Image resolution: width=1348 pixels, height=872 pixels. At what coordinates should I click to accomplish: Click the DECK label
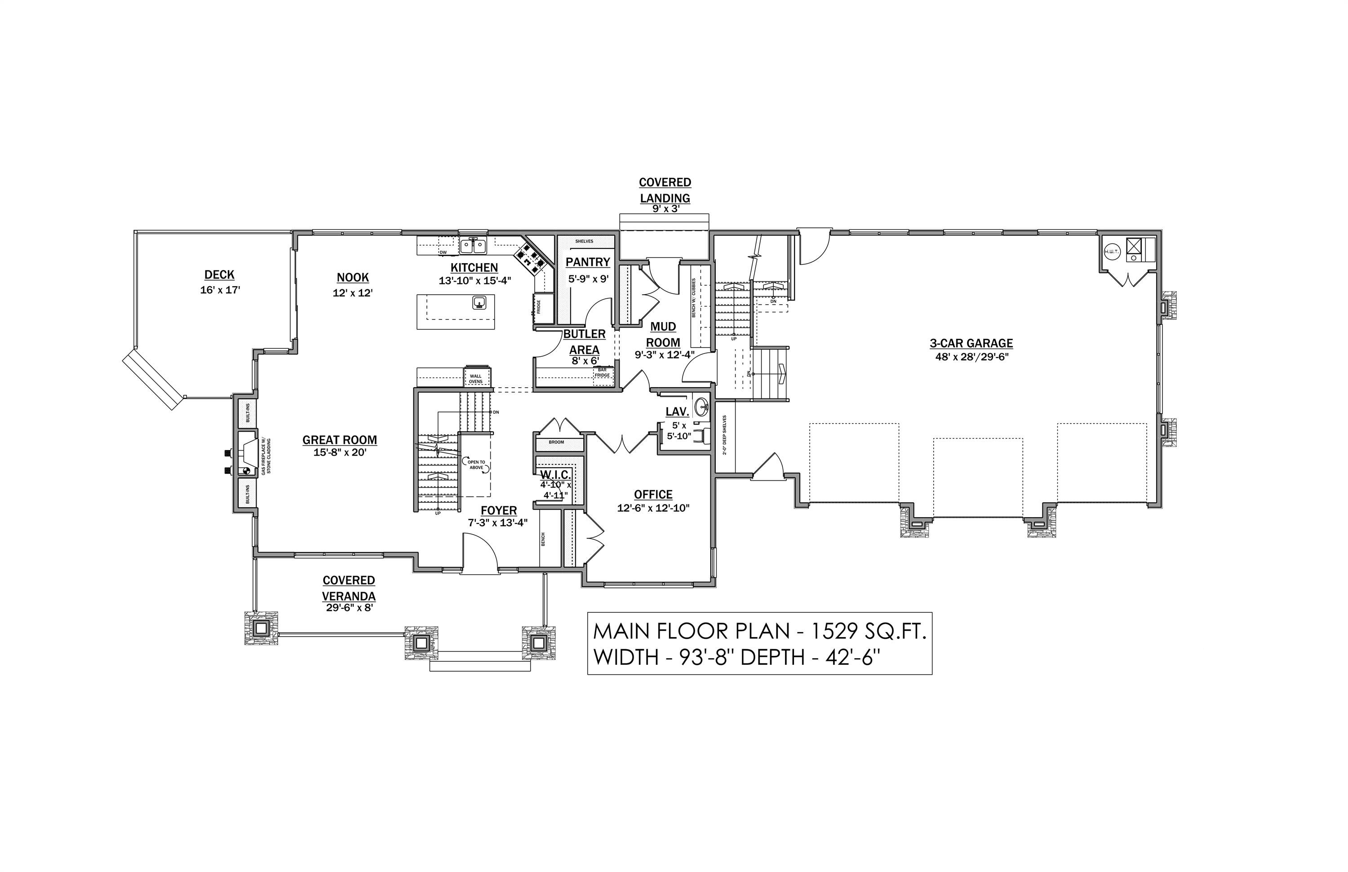point(219,274)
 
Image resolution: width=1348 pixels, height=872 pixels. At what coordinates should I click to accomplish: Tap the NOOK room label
point(352,278)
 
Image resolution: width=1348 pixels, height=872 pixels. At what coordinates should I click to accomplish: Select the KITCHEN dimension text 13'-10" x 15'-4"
point(474,280)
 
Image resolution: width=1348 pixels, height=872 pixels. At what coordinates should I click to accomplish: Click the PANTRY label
point(587,262)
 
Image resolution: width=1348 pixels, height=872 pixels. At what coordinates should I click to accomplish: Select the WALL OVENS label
point(475,378)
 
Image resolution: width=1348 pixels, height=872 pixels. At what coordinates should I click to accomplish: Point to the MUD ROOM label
point(663,335)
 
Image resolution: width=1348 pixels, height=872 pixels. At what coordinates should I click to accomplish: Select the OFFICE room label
point(653,494)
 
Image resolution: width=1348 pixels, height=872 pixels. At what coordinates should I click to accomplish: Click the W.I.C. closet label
point(555,475)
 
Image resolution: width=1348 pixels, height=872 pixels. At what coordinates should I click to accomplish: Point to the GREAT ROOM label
point(339,440)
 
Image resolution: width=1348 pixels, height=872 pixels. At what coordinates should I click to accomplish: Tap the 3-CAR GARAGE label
point(971,343)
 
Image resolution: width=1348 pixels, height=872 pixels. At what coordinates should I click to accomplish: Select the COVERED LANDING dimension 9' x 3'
point(665,208)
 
